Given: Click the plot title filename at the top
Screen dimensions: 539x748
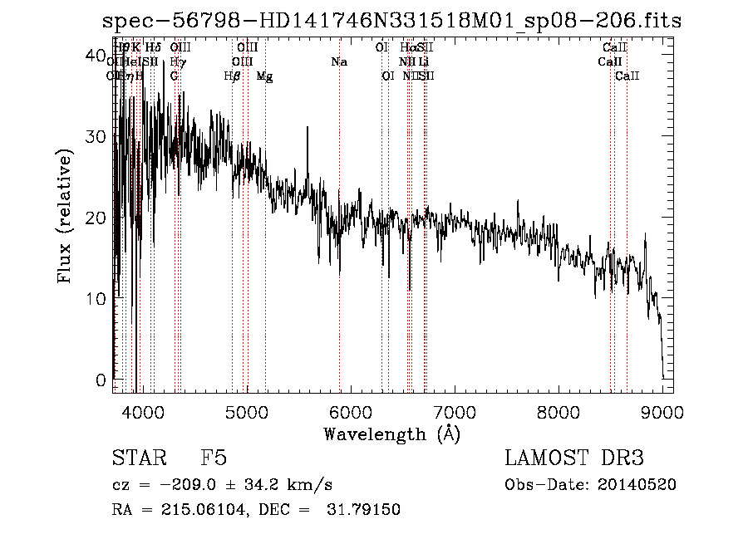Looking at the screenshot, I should tap(391, 21).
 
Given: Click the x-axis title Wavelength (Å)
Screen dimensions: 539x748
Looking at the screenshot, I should tap(391, 434).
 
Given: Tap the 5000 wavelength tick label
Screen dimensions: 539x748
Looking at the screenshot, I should tap(246, 411).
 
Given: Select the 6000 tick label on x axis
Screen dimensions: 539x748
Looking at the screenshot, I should tap(351, 411).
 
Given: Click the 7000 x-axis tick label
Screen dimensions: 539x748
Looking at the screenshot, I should tap(455, 411).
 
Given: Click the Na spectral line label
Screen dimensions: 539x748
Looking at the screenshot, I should tap(339, 62).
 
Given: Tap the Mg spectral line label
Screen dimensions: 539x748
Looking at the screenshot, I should tap(264, 76).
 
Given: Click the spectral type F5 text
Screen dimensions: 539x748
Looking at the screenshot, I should tap(214, 458).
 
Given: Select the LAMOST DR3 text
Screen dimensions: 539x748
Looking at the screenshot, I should tap(574, 458).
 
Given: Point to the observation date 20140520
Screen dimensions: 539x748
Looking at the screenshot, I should tap(642, 485).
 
